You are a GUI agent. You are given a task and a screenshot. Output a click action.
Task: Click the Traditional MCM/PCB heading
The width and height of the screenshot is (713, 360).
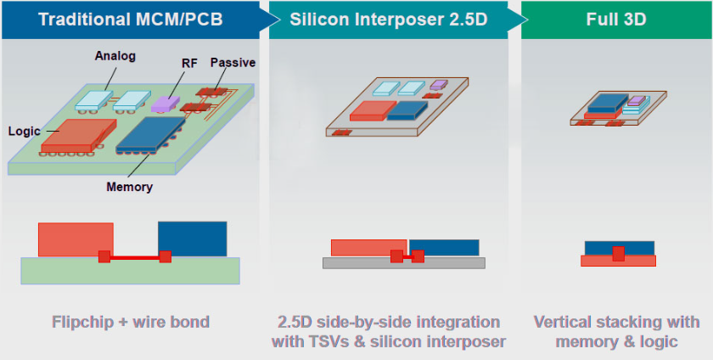pyautogui.click(x=126, y=18)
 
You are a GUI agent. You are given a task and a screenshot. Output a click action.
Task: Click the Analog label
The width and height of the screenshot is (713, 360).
pyautogui.click(x=115, y=56)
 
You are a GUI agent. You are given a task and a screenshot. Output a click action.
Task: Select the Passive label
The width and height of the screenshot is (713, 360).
pyautogui.click(x=233, y=62)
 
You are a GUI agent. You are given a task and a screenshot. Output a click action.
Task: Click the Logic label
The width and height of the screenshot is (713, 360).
pyautogui.click(x=25, y=132)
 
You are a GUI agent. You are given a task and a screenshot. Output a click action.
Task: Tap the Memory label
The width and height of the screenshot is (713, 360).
pyautogui.click(x=129, y=187)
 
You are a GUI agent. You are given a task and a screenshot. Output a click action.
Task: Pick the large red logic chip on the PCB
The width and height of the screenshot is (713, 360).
pyautogui.click(x=76, y=135)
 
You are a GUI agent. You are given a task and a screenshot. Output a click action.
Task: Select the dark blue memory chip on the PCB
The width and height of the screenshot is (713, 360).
pyautogui.click(x=150, y=134)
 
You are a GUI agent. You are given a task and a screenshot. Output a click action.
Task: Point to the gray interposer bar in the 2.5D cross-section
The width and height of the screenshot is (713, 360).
pyautogui.click(x=403, y=263)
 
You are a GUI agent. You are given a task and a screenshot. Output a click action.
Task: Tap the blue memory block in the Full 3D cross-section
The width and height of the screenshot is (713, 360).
pyautogui.click(x=637, y=247)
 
